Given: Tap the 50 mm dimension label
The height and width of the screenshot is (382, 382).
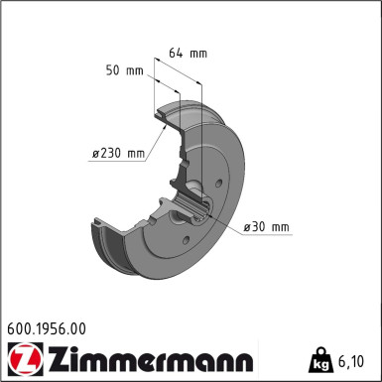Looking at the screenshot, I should pos(124,70).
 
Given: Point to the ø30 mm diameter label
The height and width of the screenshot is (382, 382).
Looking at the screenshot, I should pos(266,228).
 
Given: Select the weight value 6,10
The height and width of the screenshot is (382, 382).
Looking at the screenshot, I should pos(355,360).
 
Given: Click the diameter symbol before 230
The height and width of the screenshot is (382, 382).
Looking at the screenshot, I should pos(95,153).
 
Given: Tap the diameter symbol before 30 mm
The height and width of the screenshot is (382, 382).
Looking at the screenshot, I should pos(247,228).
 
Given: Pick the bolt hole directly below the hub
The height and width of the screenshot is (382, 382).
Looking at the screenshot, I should pos(185,241).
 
